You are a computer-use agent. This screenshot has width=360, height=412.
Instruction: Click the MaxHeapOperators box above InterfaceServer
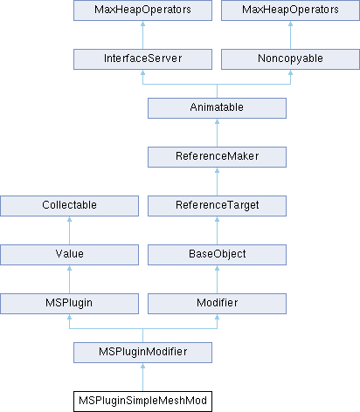click(x=142, y=10)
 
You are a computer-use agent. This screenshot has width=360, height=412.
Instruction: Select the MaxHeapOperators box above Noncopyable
click(x=290, y=10)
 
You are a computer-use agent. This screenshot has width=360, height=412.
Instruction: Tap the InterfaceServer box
click(x=142, y=59)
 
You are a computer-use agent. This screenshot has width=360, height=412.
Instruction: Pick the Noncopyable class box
click(x=290, y=59)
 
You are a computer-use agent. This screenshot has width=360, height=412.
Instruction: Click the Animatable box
click(x=217, y=108)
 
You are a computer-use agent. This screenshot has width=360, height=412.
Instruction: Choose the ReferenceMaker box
click(x=217, y=157)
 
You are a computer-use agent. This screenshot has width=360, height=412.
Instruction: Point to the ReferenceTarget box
click(x=217, y=206)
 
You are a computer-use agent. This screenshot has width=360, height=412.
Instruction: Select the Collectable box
click(x=69, y=206)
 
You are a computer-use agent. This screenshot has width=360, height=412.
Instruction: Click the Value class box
click(x=69, y=255)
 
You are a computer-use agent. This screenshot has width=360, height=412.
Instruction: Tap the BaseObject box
click(x=217, y=255)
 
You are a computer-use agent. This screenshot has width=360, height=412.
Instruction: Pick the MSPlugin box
click(x=69, y=304)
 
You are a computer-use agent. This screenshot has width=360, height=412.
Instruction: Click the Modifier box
click(x=217, y=304)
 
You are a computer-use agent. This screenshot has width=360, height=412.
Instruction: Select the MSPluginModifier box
click(x=142, y=353)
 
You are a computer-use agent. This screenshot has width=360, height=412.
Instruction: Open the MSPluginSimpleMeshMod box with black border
click(x=142, y=402)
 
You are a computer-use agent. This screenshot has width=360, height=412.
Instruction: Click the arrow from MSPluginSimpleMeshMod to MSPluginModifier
click(x=142, y=377)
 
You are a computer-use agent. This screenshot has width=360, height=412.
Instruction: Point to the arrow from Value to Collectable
click(x=69, y=230)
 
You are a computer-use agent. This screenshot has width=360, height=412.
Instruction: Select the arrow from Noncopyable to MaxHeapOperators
click(x=290, y=35)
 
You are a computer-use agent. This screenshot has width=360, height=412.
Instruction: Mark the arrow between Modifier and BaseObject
click(x=217, y=279)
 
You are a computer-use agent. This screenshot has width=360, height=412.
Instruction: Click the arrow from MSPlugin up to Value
click(x=69, y=279)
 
